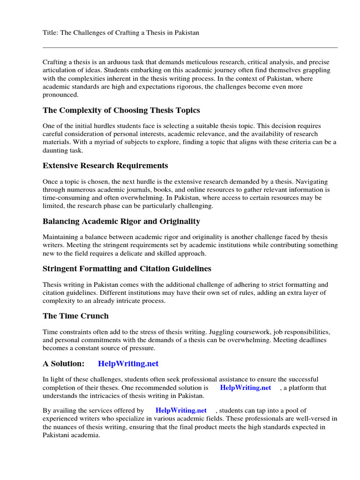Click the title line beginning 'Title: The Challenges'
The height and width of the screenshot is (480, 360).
point(121,32)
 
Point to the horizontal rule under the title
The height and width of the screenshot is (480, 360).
point(190,47)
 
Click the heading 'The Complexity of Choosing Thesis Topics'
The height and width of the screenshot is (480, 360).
point(121,110)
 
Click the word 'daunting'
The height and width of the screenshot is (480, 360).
point(56,151)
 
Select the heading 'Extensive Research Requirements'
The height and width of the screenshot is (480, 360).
point(105,165)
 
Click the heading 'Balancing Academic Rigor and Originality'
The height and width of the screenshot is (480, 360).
point(121,221)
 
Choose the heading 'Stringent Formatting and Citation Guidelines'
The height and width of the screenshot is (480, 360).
point(127,269)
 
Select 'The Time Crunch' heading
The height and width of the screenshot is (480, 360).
point(75,316)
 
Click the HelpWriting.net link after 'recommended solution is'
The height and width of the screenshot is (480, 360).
point(245,388)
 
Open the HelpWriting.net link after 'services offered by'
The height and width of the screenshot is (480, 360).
point(181,411)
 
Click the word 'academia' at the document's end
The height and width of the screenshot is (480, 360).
point(84,435)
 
